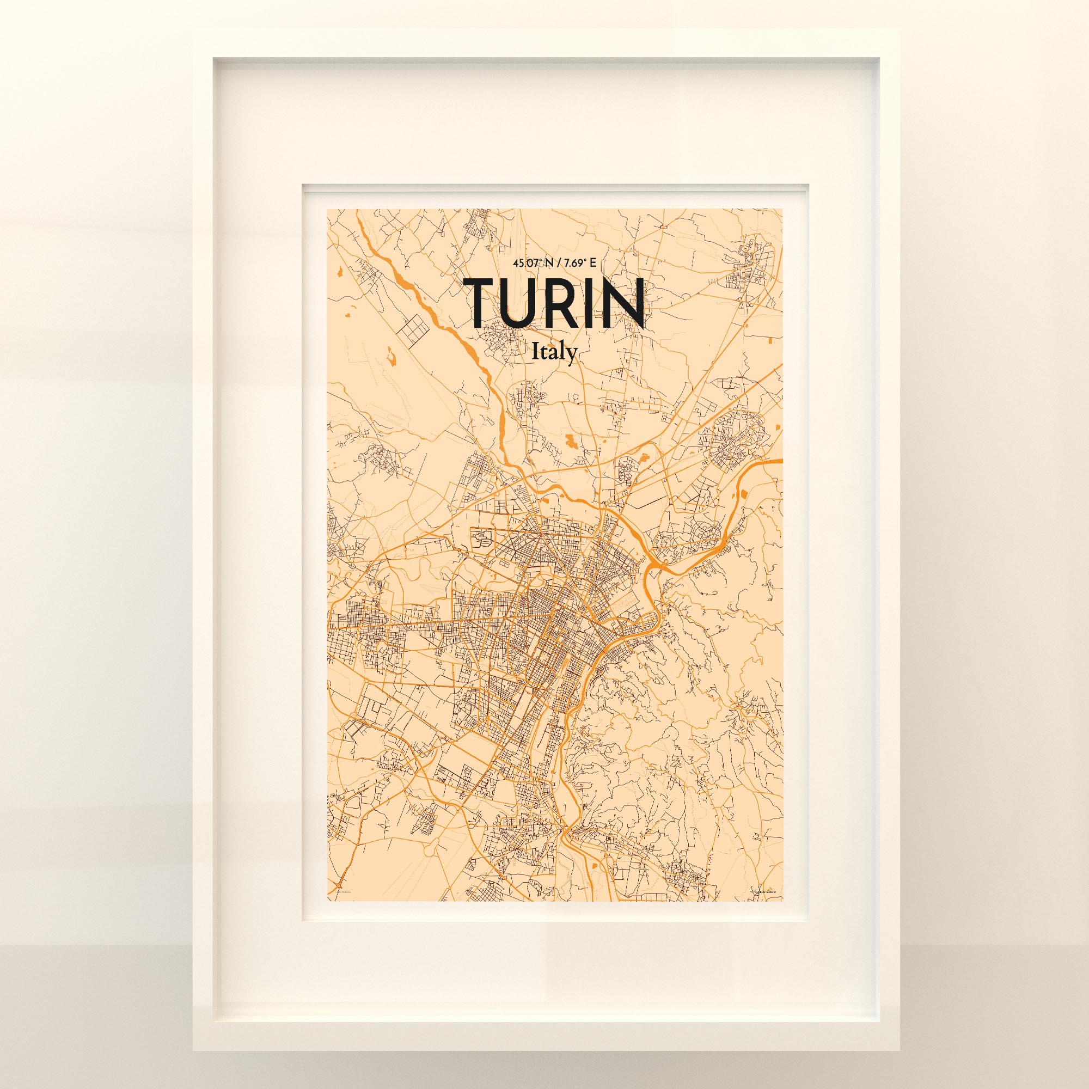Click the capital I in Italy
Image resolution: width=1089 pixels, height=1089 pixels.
coord(535,352)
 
